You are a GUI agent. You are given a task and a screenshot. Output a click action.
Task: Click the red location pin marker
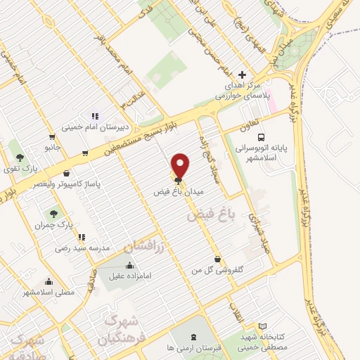pos(180,167)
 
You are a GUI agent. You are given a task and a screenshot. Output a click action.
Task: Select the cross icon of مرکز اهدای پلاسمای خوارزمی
pos(243,74)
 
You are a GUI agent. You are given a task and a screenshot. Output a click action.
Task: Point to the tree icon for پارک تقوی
pos(19,157)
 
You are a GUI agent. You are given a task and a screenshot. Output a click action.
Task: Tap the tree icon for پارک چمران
pos(53,213)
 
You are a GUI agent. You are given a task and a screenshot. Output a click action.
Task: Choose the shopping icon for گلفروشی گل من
pos(217,259)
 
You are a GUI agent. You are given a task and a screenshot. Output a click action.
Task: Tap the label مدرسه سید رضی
pos(84,248)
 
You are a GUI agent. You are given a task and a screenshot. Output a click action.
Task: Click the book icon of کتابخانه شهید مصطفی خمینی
pos(262,327)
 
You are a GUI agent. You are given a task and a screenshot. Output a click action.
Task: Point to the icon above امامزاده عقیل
pos(129,266)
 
